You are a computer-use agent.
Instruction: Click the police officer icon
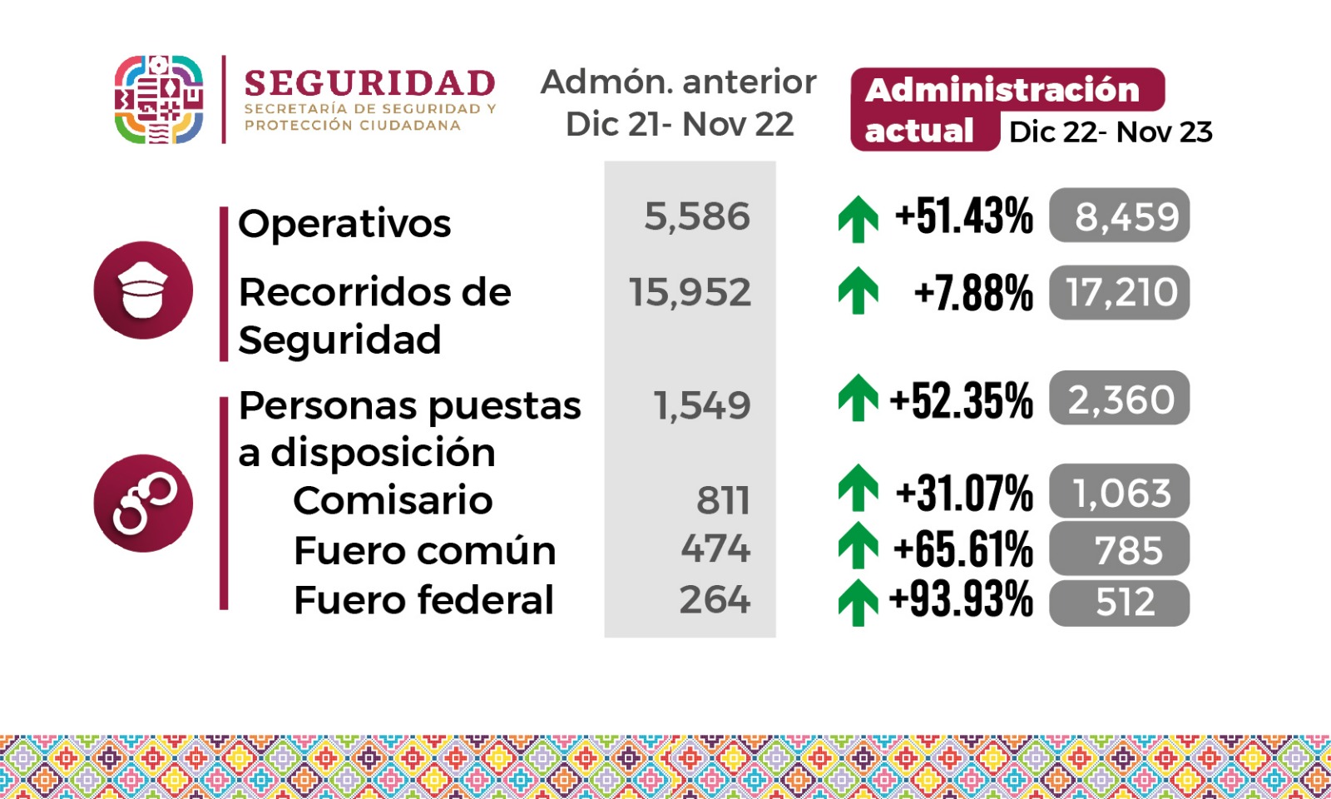143,290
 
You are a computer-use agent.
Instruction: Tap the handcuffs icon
143,503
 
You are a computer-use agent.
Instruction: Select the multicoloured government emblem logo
158,100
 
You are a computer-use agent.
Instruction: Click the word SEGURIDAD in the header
369,84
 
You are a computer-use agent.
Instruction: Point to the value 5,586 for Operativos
697,216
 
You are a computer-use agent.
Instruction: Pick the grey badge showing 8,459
1119,216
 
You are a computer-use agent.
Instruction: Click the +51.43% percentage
963,216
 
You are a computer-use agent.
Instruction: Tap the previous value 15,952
690,292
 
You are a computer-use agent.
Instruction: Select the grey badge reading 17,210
1119,292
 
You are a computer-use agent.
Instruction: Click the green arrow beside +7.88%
858,291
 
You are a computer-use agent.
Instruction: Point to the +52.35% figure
961,400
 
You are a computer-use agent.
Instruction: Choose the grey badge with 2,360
1119,399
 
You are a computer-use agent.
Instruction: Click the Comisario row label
393,500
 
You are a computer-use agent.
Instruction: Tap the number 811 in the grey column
723,500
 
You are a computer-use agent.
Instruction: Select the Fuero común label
424,550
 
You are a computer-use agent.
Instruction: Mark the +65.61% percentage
962,549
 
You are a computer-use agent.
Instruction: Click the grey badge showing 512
1119,602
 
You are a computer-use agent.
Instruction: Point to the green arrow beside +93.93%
858,602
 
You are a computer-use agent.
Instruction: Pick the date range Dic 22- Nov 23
1111,132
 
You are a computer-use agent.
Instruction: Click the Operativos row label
344,223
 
